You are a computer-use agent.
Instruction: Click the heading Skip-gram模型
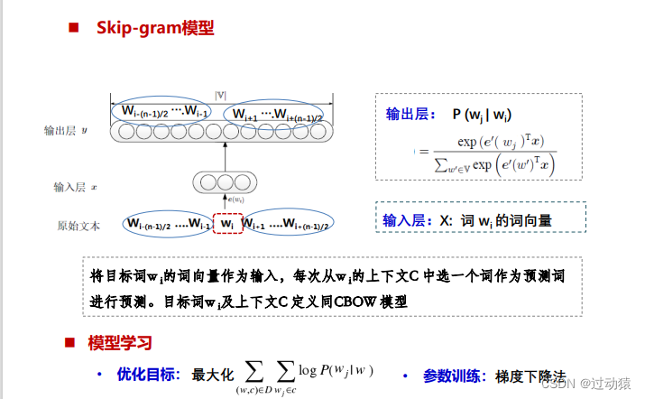(155, 28)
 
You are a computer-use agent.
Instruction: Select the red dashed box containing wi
(227, 223)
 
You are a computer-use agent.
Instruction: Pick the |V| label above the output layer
(220, 94)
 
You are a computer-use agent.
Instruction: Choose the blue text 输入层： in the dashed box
(408, 219)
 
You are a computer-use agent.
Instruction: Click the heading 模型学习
(120, 343)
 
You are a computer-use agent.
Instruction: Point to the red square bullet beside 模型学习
(69, 343)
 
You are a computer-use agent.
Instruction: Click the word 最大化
(213, 374)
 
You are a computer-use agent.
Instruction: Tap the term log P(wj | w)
(335, 370)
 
